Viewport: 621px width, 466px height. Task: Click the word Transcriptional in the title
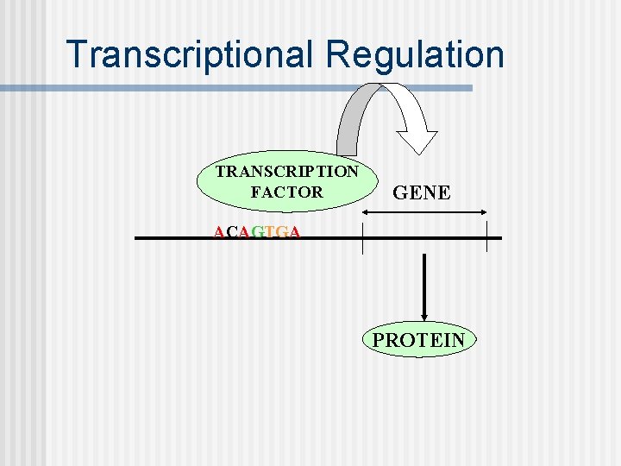[x=191, y=54]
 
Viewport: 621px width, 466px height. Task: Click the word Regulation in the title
[x=415, y=54]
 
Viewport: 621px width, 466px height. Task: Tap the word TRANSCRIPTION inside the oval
[x=286, y=171]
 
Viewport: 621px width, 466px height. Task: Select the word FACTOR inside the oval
[x=286, y=192]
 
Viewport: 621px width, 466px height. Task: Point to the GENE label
[x=422, y=192]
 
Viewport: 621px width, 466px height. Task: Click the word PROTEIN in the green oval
[x=418, y=340]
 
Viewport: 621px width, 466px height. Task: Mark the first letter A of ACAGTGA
[x=219, y=232]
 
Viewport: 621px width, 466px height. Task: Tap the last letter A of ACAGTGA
[x=295, y=232]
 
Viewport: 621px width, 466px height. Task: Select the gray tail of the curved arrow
[x=348, y=138]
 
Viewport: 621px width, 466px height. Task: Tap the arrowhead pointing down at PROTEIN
[x=425, y=317]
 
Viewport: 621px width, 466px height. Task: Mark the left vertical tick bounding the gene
[x=363, y=237]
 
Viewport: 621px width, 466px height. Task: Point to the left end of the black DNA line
[x=138, y=237]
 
